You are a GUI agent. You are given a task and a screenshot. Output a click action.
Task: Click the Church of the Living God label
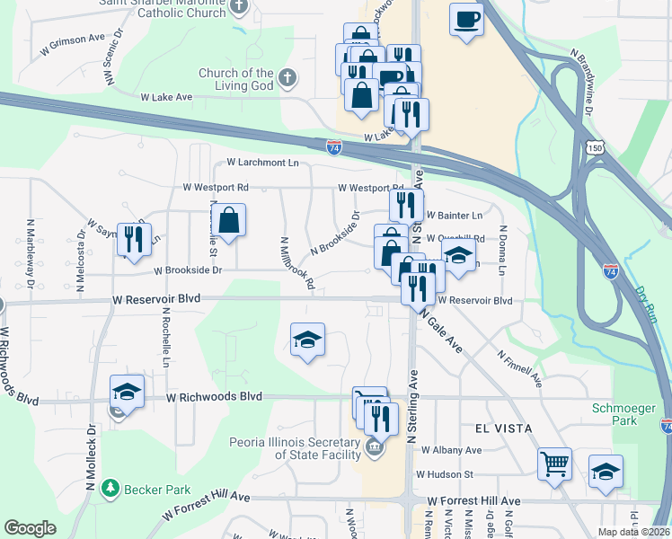[236, 79]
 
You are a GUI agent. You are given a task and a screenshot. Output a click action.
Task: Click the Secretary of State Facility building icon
[375, 446]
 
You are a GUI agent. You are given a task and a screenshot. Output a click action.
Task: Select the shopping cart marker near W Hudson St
[554, 464]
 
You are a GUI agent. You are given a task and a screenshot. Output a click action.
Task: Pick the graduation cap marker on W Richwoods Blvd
[127, 392]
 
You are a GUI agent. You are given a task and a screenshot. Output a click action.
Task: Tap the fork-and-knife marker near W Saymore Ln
[133, 239]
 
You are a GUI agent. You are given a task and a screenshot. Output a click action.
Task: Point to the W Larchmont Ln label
[262, 163]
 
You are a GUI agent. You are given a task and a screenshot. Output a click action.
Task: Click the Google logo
[30, 528]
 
